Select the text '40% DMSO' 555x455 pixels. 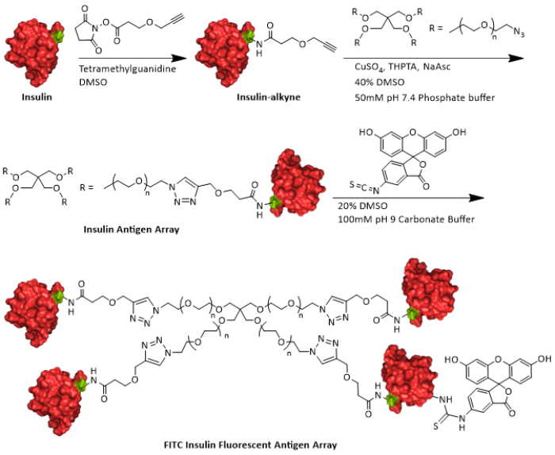coord(377,83)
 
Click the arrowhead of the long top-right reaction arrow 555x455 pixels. coord(520,57)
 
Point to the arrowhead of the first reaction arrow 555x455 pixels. coord(190,57)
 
